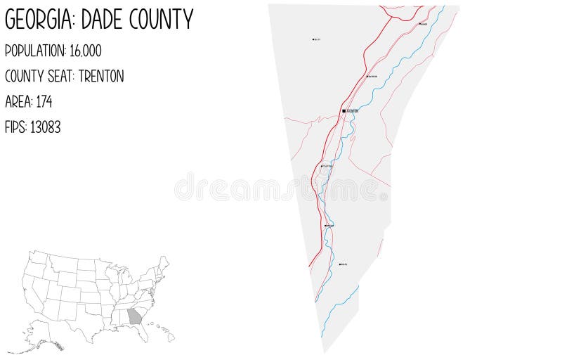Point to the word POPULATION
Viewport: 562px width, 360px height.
(x=34, y=51)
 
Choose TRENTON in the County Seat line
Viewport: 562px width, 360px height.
(x=101, y=76)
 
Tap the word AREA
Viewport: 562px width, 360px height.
(x=17, y=101)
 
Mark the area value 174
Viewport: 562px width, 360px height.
(x=44, y=101)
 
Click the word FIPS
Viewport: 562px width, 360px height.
(x=15, y=127)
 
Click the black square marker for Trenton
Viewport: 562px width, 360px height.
(x=344, y=111)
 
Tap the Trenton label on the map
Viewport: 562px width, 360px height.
(x=353, y=111)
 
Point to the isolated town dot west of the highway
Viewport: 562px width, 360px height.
(x=313, y=39)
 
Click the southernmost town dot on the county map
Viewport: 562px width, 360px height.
(x=340, y=264)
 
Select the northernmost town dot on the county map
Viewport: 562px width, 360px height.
(x=421, y=23)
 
